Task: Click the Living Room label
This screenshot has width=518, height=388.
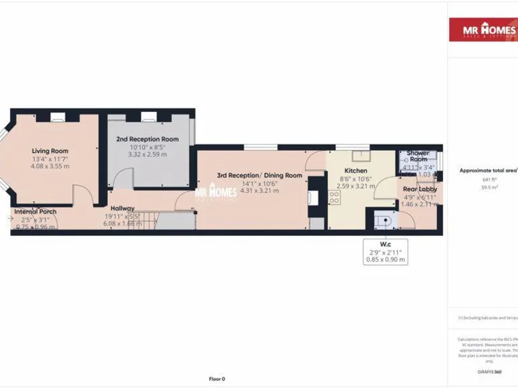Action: point(51,151)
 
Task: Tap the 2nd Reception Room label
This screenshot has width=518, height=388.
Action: point(147,139)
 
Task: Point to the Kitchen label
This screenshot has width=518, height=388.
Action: point(355,171)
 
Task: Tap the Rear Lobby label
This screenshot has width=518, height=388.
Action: point(420,189)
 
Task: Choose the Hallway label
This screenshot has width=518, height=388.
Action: point(123,208)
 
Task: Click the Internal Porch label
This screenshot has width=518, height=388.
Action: point(36,212)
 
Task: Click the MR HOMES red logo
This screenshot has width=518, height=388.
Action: point(483,30)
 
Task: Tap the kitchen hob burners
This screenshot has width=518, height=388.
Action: point(333,197)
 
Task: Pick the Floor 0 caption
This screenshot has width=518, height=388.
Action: point(217,379)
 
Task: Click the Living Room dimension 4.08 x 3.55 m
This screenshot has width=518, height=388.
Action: point(51,166)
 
